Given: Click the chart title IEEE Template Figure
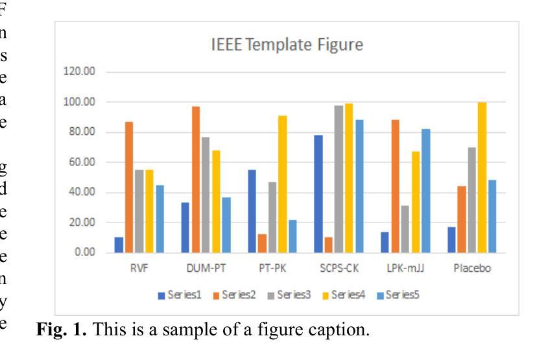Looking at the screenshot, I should point(286,45).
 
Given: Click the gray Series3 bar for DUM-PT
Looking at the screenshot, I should point(206,195).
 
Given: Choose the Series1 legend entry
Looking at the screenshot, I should point(180,295).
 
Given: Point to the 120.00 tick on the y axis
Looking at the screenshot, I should point(78,72).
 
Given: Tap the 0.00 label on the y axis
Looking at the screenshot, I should point(82,252).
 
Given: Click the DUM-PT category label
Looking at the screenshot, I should point(206,269).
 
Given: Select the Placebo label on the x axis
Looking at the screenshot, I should point(471,269).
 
